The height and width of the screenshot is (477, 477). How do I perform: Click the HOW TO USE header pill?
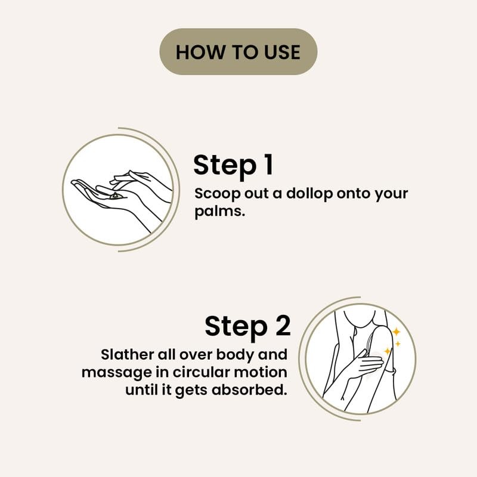coord(238,52)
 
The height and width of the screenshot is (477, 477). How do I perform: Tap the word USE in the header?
coord(282,52)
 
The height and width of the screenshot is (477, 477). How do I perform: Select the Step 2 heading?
coord(247,327)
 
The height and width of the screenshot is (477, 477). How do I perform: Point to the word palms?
coord(219,212)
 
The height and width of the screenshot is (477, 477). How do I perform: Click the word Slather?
coord(127,355)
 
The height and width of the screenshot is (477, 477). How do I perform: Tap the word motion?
coord(260,372)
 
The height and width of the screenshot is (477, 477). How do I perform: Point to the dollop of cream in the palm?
coord(115,196)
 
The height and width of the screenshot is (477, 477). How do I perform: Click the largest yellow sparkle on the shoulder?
coord(396,332)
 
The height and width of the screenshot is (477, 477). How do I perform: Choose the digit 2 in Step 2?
coord(283,325)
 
